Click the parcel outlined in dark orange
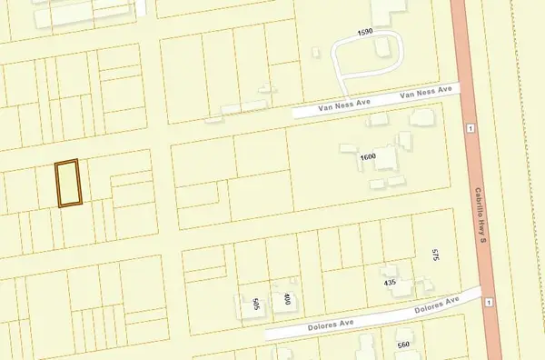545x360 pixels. (x=67, y=184)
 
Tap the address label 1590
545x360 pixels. (x=366, y=32)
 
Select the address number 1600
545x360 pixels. (x=368, y=157)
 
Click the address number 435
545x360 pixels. (x=391, y=283)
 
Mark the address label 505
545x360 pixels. (x=257, y=304)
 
